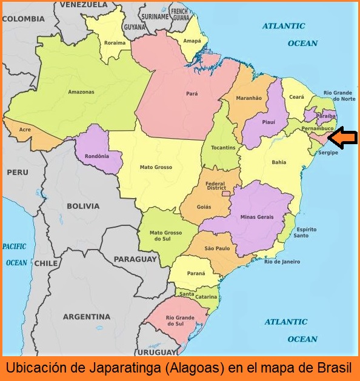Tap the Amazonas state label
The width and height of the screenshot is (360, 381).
81,92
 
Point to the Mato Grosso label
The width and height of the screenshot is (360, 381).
156,167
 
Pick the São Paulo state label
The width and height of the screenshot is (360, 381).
216,248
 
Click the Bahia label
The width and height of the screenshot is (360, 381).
279,162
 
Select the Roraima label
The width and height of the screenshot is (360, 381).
115,43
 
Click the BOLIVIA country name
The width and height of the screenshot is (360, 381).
83,206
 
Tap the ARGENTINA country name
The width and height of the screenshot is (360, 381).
87,317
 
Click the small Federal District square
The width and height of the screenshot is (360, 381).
225,194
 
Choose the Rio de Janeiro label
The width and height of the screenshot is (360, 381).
282,262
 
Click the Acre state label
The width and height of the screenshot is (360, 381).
25,130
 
